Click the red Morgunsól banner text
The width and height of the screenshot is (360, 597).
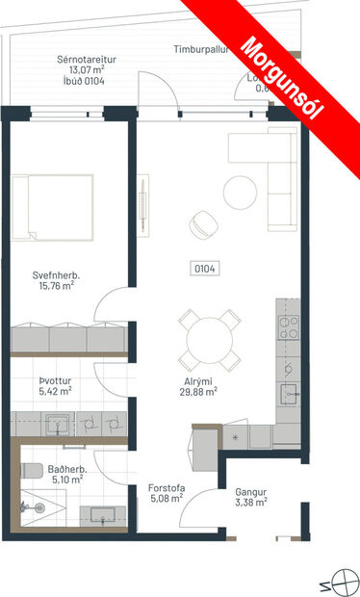pos(285,77)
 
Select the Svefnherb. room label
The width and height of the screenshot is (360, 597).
pos(55,275)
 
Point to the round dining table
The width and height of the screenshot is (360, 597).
pos(210,338)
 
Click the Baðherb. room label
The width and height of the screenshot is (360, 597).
pos(67,470)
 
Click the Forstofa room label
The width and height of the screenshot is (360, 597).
pos(166,488)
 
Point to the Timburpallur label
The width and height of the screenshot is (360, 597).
pos(202,49)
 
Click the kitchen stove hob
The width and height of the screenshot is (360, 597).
pos(288,324)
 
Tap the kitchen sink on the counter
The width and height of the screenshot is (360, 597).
pos(288,392)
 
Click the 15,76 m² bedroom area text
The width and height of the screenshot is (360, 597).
pos(55,287)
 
